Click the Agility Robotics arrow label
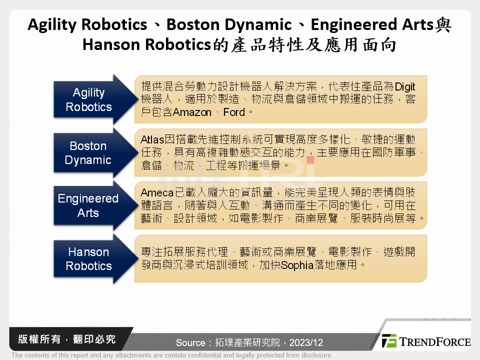tap(89, 99)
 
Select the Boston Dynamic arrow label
tap(88, 153)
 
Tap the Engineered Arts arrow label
tap(88, 205)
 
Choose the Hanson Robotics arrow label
tap(88, 259)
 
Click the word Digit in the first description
tap(405, 86)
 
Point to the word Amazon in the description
tap(192, 112)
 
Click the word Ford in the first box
tap(234, 112)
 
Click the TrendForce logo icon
tap(389, 341)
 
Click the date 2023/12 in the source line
tap(306, 343)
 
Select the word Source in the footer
tap(190, 343)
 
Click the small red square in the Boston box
tap(310, 160)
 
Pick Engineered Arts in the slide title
tap(369, 24)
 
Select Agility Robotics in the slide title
tap(87, 24)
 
